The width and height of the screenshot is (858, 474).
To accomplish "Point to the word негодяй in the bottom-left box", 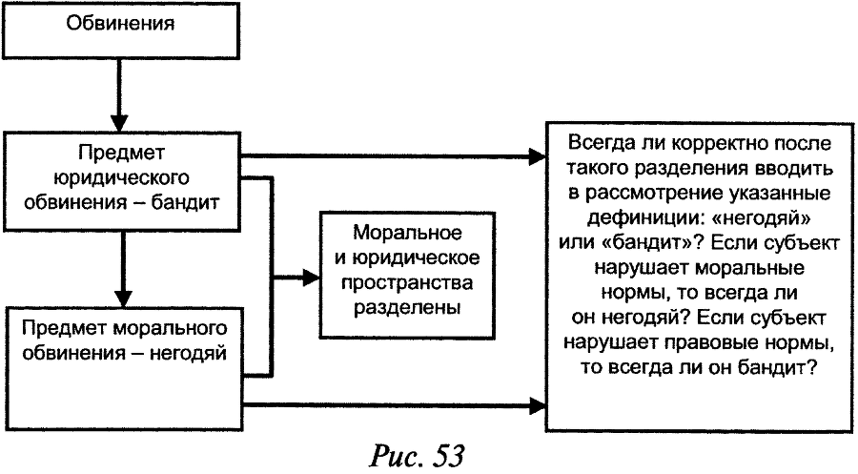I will click(x=189, y=354).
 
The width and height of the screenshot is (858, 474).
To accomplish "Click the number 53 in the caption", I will click(x=444, y=456).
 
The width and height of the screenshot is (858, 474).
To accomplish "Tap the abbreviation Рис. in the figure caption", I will click(x=396, y=456).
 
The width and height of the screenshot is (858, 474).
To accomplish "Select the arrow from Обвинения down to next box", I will click(x=120, y=95).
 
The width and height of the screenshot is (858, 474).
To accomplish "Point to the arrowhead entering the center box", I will click(x=311, y=278).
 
